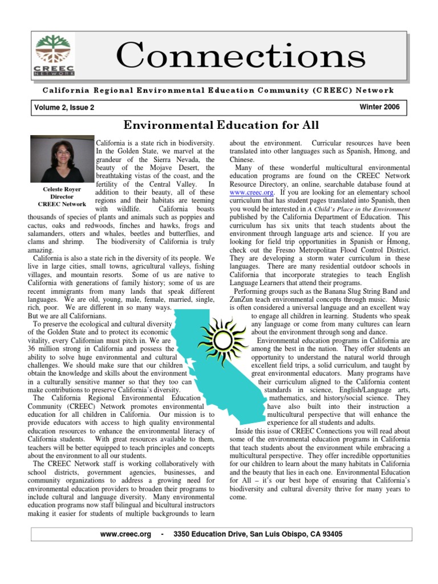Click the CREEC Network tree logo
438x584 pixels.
pyautogui.click(x=55, y=55)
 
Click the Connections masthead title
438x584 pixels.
pyautogui.click(x=240, y=55)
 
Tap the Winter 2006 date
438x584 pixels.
pyautogui.click(x=380, y=107)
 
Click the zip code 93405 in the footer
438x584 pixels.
pyautogui.click(x=331, y=534)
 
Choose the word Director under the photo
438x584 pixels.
pyautogui.click(x=62, y=197)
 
